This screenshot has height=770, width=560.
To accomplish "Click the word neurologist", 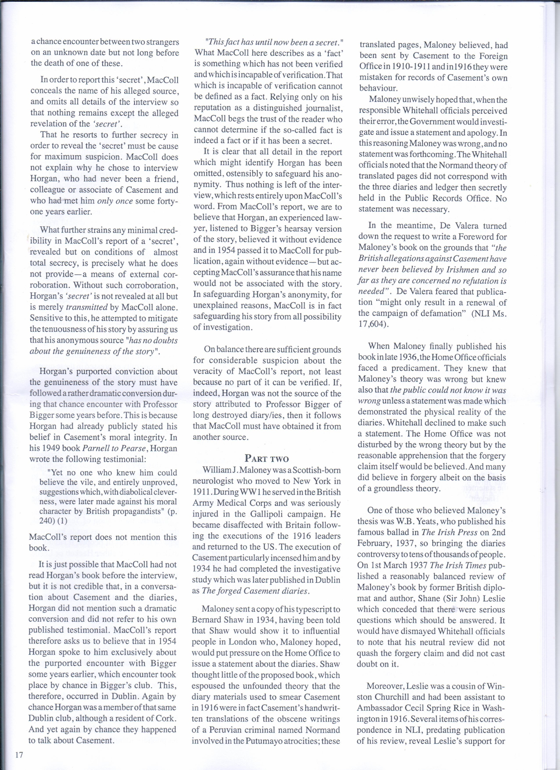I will point(214,481).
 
